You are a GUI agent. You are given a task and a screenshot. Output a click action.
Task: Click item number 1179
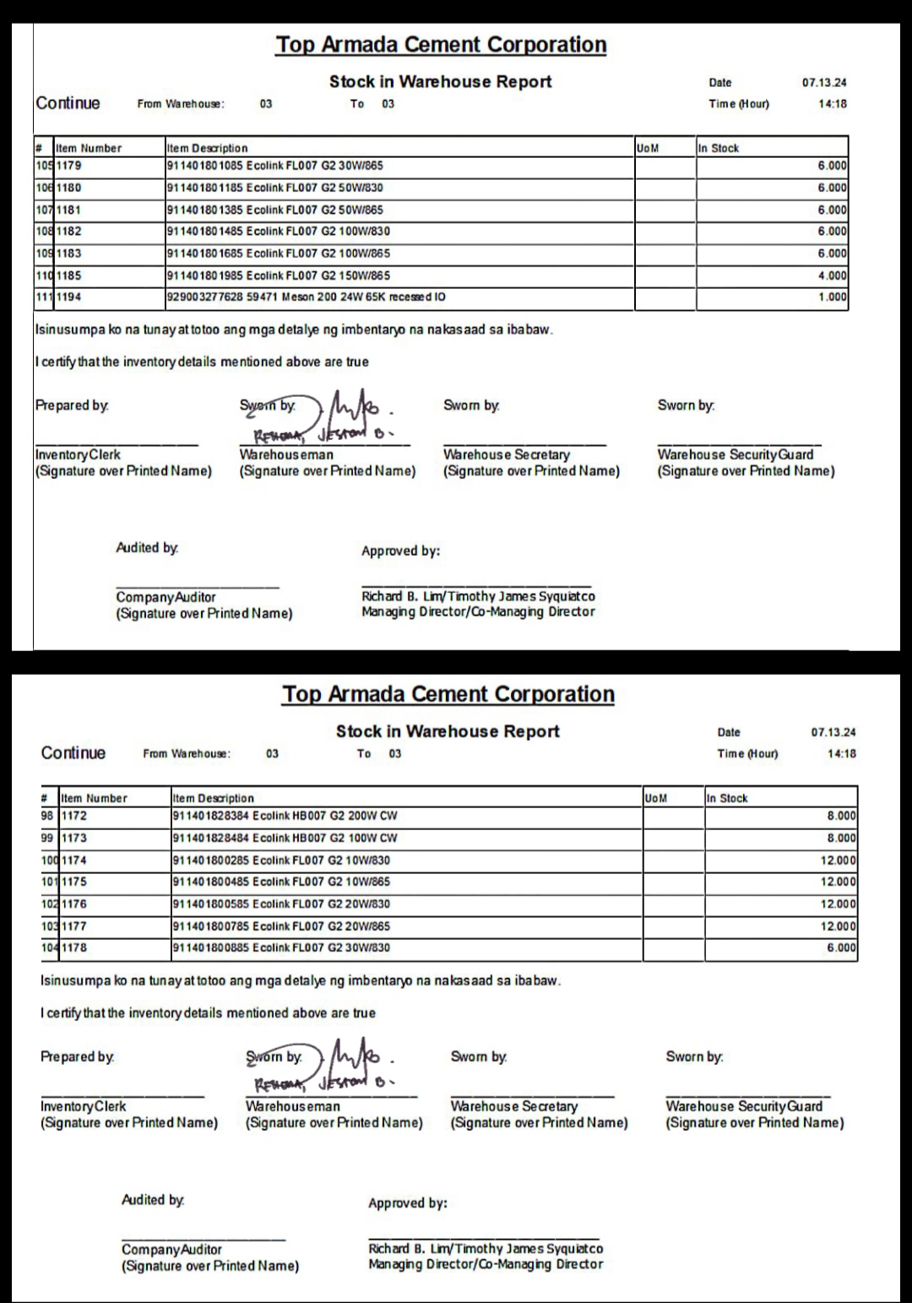click(x=69, y=166)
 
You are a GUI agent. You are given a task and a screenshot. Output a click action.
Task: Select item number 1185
click(x=69, y=275)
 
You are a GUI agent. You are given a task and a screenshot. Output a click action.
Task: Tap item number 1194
click(x=69, y=297)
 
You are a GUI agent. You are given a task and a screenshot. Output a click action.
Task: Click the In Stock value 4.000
click(x=832, y=275)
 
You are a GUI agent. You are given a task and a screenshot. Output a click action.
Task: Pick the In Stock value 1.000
click(x=832, y=297)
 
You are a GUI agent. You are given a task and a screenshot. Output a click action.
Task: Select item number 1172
click(x=74, y=816)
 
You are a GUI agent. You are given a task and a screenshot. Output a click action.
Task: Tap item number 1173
click(x=74, y=838)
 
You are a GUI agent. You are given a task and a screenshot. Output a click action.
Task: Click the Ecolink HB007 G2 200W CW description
click(x=285, y=816)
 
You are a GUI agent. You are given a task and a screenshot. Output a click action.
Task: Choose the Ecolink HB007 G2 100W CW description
click(x=285, y=838)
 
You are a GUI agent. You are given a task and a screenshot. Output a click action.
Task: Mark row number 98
click(x=47, y=816)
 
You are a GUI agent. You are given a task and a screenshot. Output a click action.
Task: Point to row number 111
click(x=44, y=297)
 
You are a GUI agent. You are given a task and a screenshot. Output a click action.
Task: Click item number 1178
click(x=74, y=947)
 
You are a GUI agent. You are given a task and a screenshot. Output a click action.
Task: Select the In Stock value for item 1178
click(x=841, y=947)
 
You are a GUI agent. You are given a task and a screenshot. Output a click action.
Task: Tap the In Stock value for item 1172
click(x=841, y=816)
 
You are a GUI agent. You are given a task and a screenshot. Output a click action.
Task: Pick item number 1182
click(x=69, y=231)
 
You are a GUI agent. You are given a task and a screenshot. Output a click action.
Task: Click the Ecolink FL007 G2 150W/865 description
click(x=279, y=275)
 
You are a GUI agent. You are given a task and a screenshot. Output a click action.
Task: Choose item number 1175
click(x=74, y=882)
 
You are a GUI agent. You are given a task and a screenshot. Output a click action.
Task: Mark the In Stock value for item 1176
click(x=839, y=904)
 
